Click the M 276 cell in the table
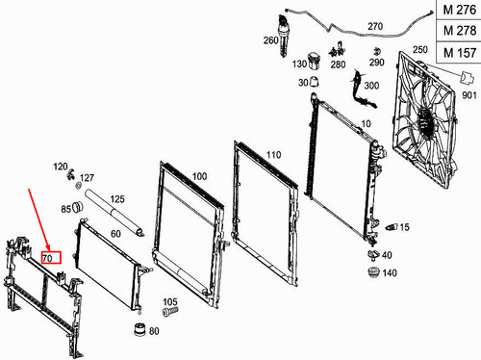click(458, 10)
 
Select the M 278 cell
click(458, 31)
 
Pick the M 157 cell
click(458, 52)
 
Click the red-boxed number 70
click(50, 257)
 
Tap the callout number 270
click(374, 26)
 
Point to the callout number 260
click(270, 42)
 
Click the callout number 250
click(418, 50)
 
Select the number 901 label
click(468, 95)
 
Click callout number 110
click(273, 154)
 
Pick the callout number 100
click(200, 176)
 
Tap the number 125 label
click(117, 200)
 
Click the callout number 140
click(389, 273)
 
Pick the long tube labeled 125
click(115, 213)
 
